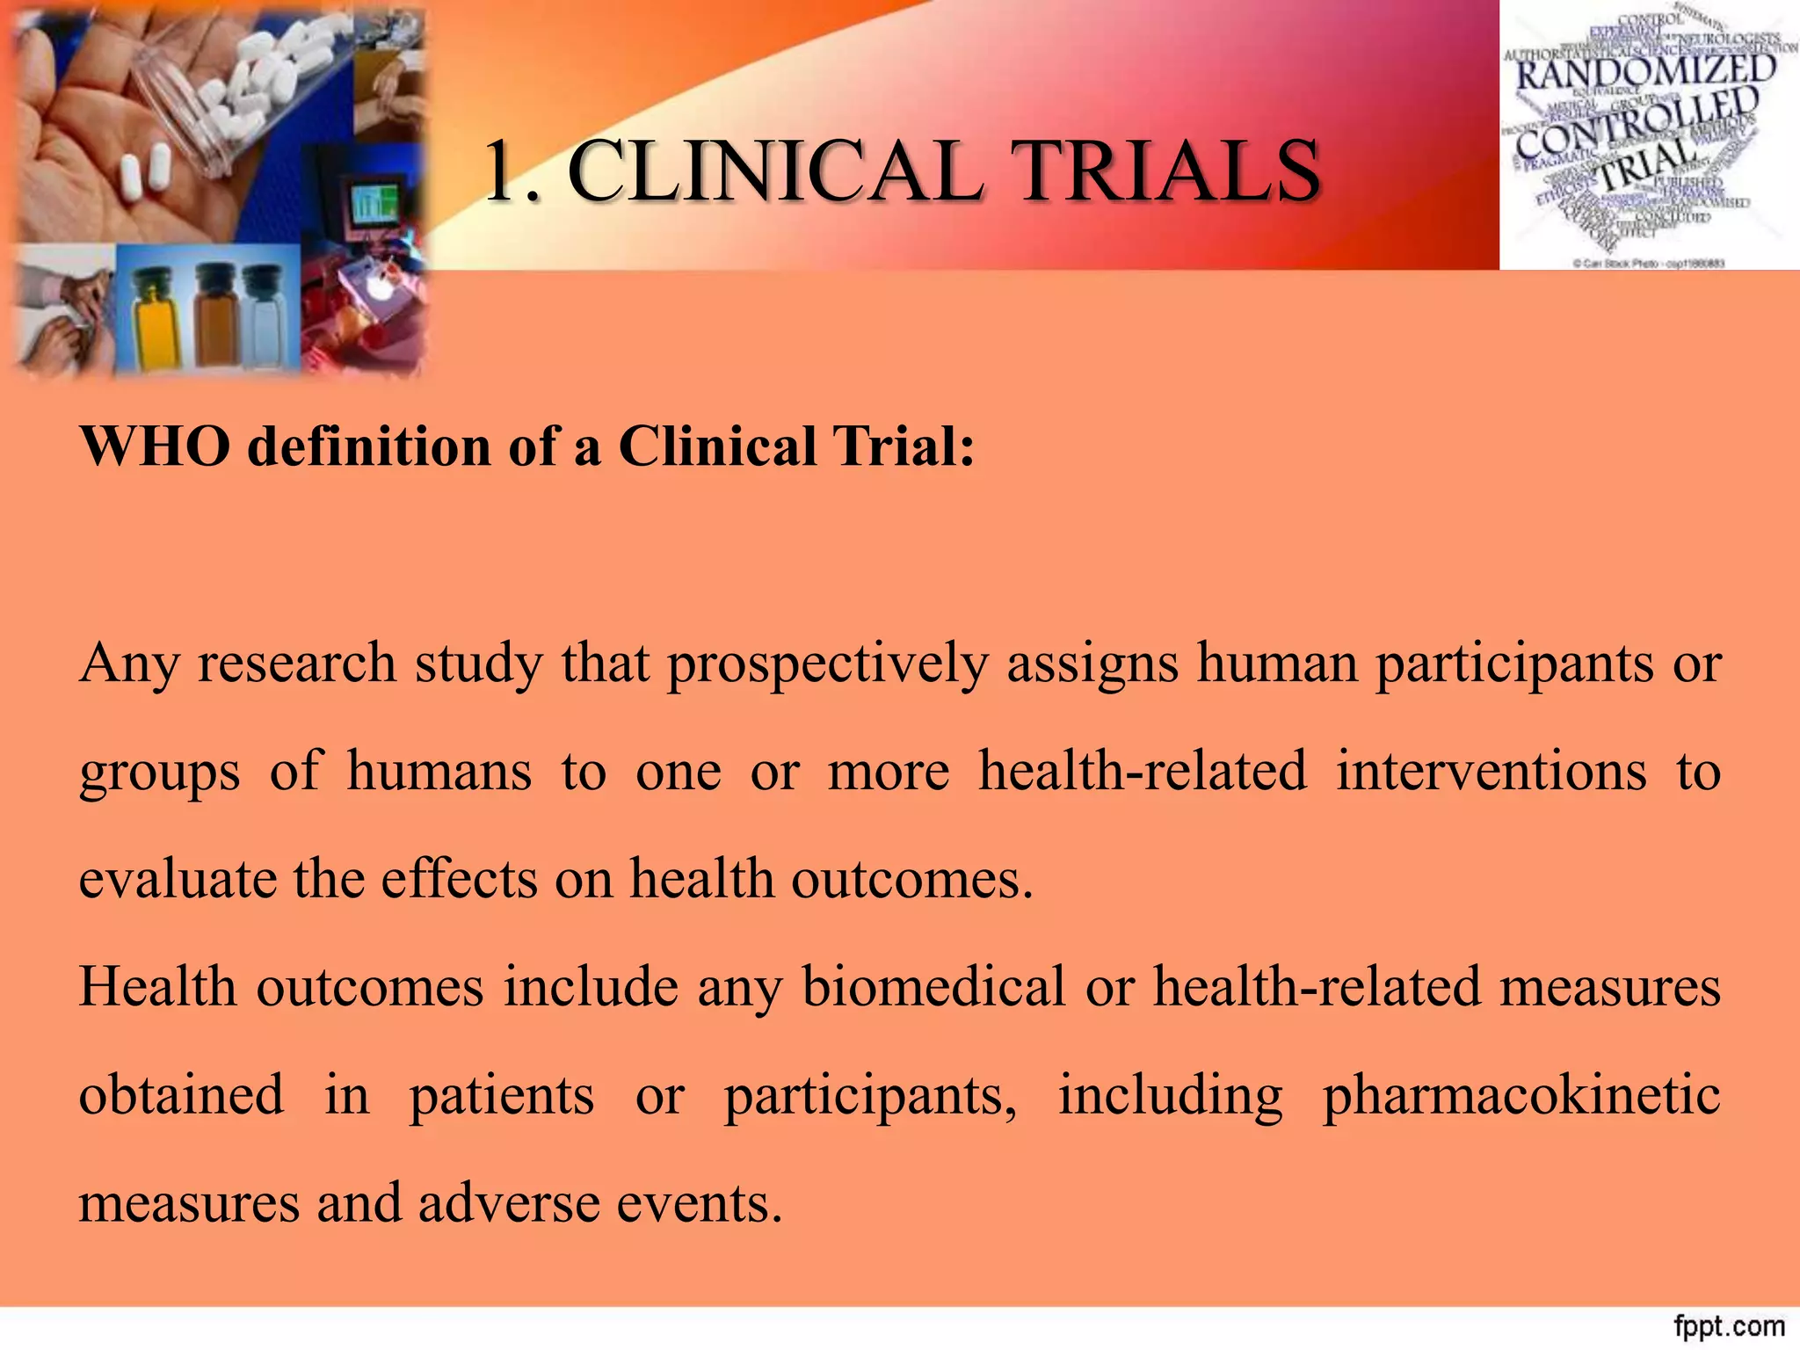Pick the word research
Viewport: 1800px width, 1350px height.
click(296, 663)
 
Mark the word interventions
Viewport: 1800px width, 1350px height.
click(1491, 771)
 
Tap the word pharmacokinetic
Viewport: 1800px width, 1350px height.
click(1521, 1095)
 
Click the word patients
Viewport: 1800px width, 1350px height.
click(502, 1095)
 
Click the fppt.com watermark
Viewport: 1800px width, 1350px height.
click(1729, 1325)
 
